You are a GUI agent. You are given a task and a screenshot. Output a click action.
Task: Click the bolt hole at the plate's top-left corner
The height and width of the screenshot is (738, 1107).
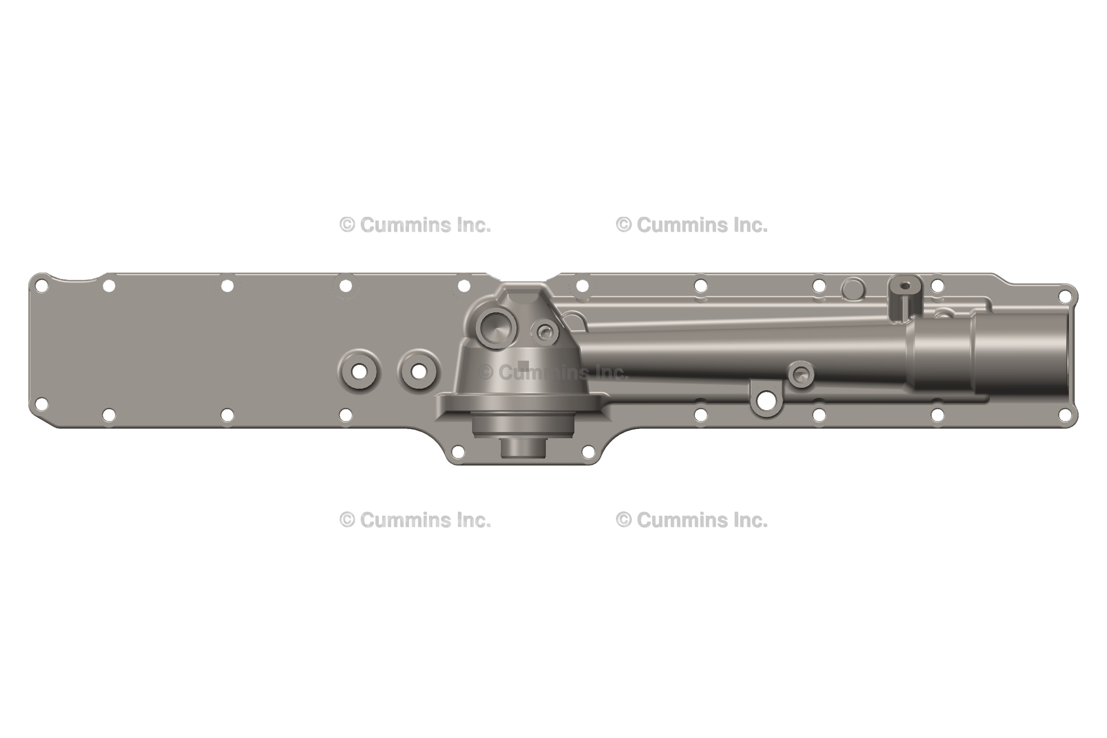point(42,285)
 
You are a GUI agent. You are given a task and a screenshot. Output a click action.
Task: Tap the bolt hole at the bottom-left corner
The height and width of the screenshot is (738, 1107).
point(42,404)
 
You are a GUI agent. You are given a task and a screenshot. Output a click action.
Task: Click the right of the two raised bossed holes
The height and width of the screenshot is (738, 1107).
point(419,372)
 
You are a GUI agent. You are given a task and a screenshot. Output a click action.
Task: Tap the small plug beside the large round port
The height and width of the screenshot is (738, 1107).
point(545,332)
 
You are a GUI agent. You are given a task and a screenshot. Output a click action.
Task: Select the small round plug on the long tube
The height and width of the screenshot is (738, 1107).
point(801,375)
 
